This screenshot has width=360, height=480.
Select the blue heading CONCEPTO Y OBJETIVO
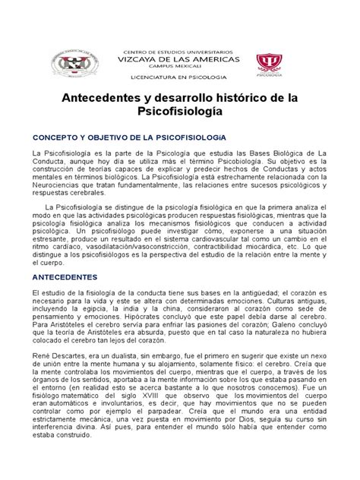(126, 138)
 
